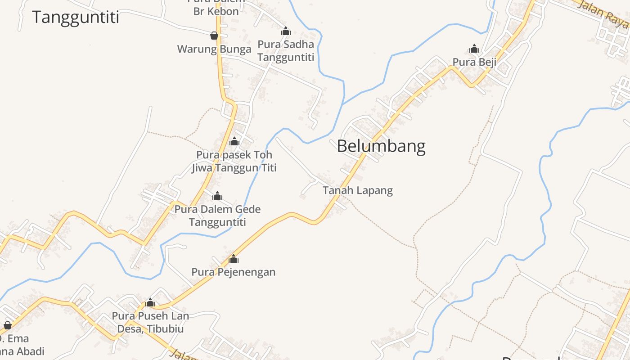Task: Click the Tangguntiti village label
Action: coord(76,17)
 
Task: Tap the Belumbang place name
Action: coord(381,147)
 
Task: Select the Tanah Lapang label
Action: coord(358,190)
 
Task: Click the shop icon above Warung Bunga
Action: coord(214,36)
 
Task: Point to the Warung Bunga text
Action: coord(214,49)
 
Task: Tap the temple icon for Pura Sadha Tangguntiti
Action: coord(286,31)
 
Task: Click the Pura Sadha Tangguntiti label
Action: coord(286,51)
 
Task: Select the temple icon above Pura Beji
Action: coord(474,49)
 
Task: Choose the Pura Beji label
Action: coord(474,62)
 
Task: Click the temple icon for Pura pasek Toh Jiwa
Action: coord(234,142)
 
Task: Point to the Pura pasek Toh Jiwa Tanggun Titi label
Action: coord(234,161)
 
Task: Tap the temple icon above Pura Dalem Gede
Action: coord(217,196)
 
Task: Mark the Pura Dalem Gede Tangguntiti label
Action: coord(217,216)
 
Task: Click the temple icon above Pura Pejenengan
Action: coord(234,259)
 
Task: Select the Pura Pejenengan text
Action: coord(234,272)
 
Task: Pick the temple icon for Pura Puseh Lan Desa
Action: coord(150,303)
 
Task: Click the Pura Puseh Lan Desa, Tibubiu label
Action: coord(150,322)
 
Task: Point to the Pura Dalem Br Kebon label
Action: coord(216,7)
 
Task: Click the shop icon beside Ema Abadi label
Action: coord(7,325)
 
